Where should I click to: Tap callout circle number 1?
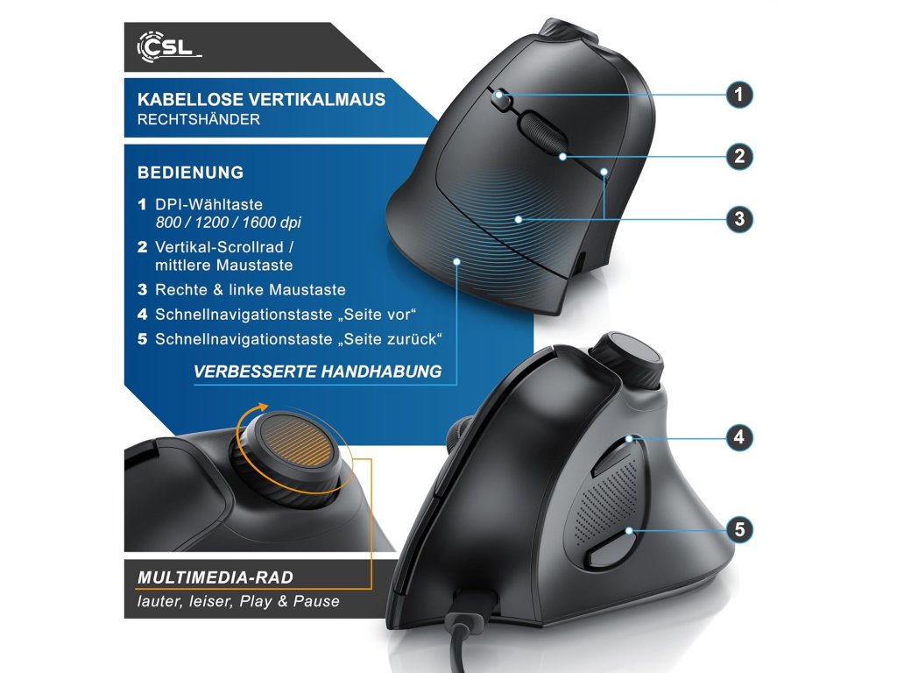739,95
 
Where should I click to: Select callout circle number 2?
739,157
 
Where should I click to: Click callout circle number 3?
739,218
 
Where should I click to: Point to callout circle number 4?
739,436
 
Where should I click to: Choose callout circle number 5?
739,529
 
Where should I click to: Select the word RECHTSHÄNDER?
199,120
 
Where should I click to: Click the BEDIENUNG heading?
190,173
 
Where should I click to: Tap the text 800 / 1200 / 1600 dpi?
228,223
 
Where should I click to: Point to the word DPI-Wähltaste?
208,204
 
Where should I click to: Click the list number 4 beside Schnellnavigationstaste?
143,314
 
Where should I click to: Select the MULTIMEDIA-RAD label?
215,577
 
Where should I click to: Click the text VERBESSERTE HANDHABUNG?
317,372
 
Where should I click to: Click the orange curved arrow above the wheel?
255,414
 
